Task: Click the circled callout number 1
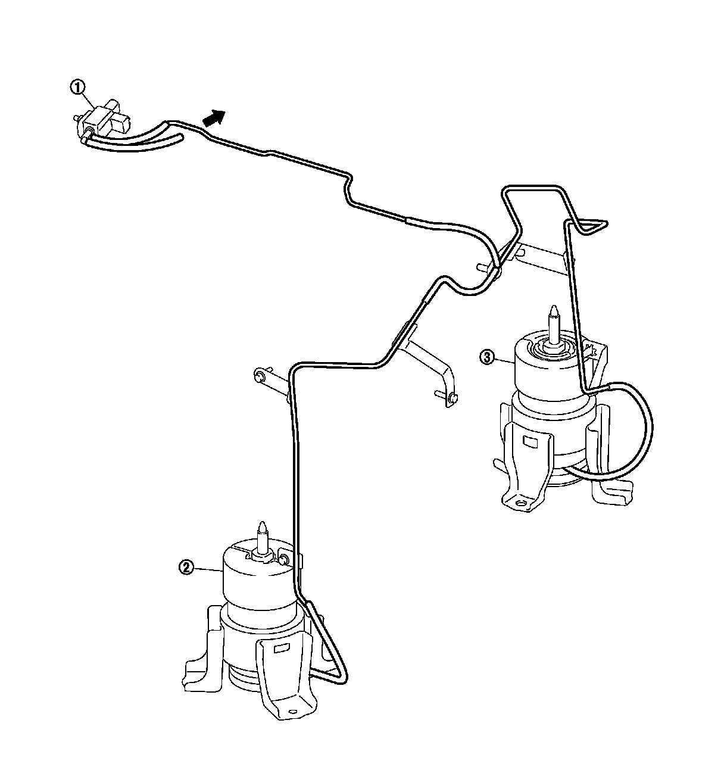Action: (77, 87)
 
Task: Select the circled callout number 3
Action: (487, 357)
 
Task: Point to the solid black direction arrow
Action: (214, 117)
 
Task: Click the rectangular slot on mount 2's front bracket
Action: (280, 649)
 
